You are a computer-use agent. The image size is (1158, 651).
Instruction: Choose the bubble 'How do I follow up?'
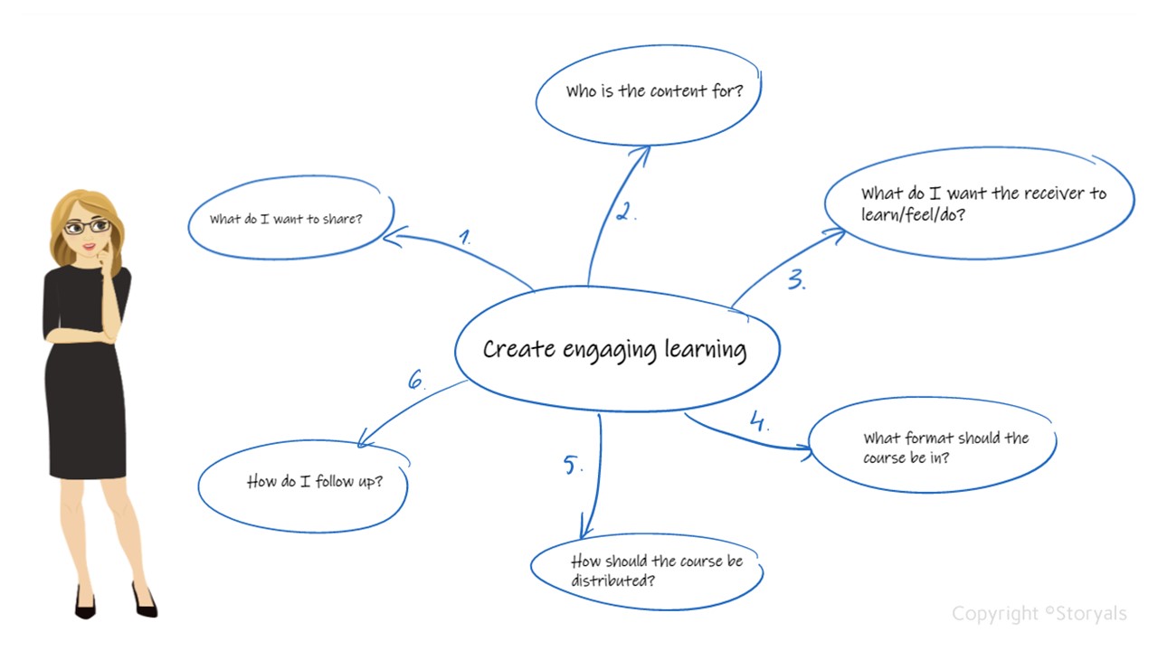click(x=304, y=483)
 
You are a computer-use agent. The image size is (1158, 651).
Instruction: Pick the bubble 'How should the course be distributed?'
click(x=646, y=571)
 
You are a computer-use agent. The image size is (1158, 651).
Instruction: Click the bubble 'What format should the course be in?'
click(x=932, y=448)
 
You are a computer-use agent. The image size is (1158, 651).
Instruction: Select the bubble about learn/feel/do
click(x=981, y=204)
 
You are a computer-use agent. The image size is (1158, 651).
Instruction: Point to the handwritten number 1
click(x=464, y=238)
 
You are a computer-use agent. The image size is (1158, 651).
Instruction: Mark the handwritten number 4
click(x=758, y=421)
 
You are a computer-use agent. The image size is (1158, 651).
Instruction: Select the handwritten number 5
click(x=572, y=465)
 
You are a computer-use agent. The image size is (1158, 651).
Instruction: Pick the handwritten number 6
click(x=415, y=380)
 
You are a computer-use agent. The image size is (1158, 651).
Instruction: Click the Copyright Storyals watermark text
click(x=1039, y=614)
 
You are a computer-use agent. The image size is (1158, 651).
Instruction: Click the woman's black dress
click(x=85, y=380)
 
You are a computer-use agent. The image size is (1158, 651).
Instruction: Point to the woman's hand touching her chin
click(x=108, y=261)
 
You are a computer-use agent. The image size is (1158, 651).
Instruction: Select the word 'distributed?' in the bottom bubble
click(x=612, y=580)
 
